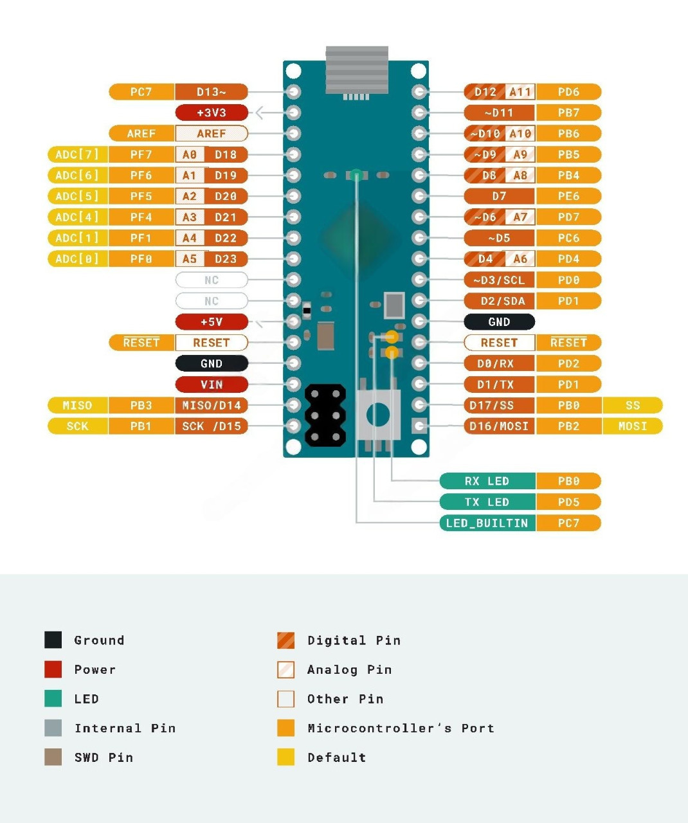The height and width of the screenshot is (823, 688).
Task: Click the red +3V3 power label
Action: tap(212, 113)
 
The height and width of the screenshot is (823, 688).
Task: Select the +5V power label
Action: tap(212, 321)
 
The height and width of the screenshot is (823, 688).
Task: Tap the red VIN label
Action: tap(212, 384)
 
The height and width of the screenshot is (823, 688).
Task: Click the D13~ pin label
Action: tap(212, 92)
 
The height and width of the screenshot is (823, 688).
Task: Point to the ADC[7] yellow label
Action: tap(77, 154)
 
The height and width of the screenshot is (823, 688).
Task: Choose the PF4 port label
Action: tap(141, 217)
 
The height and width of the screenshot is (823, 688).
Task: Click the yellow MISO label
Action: tap(77, 405)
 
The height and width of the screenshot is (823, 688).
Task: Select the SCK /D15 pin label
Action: tap(212, 426)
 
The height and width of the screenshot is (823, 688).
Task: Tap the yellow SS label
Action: tap(633, 405)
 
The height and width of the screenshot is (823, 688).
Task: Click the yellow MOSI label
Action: tap(633, 426)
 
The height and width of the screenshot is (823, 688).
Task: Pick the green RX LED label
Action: tap(487, 481)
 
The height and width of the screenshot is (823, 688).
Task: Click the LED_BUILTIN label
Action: tap(487, 523)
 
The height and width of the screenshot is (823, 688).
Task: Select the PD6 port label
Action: tap(568, 92)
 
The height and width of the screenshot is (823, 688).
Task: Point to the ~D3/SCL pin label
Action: tap(499, 280)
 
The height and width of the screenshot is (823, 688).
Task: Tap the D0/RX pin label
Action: tap(499, 363)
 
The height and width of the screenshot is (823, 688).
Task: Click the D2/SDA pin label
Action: tap(499, 301)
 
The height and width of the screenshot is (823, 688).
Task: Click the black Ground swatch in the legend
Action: tap(53, 640)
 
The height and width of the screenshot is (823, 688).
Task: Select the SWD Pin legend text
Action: tap(104, 757)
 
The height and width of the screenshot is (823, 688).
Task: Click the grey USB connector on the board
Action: tap(357, 71)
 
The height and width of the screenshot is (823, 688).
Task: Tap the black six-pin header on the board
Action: tap(325, 415)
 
